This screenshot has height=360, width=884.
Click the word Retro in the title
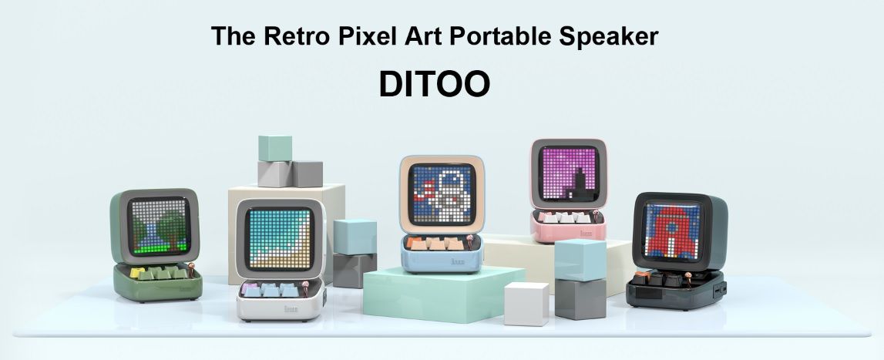click(297, 36)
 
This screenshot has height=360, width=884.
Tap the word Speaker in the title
click(608, 38)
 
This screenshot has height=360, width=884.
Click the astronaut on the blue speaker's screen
click(445, 193)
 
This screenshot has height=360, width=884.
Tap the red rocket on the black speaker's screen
click(671, 230)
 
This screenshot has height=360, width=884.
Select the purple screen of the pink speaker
click(567, 173)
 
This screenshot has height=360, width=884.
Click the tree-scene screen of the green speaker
click(159, 226)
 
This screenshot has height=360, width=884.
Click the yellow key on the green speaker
click(137, 273)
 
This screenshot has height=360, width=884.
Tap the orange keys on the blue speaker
click(435, 243)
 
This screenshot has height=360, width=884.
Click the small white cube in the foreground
click(526, 304)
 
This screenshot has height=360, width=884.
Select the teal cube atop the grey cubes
click(275, 149)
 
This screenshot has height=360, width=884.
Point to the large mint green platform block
click(443, 294)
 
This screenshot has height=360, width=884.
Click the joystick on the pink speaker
click(595, 215)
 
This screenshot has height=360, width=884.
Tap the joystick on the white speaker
click(305, 288)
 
